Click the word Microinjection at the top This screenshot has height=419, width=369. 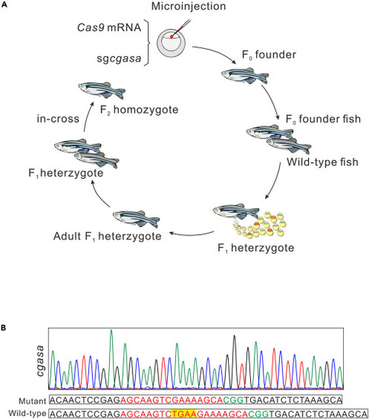coord(188,6)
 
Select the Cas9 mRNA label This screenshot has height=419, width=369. coord(109,27)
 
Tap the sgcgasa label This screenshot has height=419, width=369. coord(119,59)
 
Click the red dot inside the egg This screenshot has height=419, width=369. coord(172,37)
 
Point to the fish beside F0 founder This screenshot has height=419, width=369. coord(245,75)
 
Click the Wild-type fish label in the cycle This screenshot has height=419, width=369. coord(322,162)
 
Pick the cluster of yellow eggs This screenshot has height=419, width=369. coord(260,225)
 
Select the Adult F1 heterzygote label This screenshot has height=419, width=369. coord(107,236)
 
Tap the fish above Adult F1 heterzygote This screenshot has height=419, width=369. coord(136,219)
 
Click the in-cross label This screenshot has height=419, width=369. coord(58,119)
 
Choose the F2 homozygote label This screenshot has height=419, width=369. coord(139,110)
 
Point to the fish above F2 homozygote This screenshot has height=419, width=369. coord(102,90)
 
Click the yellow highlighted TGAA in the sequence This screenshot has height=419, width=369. coord(184,414)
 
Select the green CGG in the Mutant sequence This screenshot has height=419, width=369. coord(233,400)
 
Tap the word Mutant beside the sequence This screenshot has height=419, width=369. coord(32,401)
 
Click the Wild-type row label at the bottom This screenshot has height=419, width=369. coord(27,414)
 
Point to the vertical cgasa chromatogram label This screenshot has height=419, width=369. coord(40,361)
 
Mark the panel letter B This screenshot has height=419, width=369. coord(3,328)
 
